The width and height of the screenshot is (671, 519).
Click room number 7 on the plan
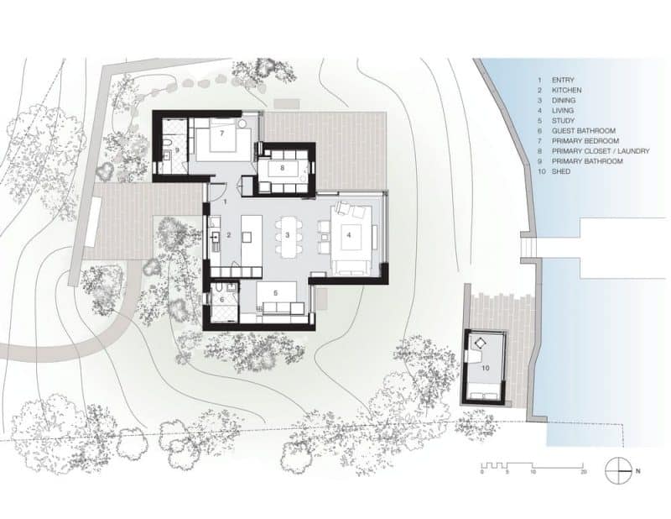click(222, 133)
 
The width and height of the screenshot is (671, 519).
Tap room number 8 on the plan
click(283, 167)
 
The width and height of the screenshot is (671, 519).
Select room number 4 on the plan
click(349, 235)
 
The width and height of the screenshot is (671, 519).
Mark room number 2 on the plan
click(228, 235)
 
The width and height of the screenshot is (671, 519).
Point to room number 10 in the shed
click(484, 367)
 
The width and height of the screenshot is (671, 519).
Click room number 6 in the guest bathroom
click(221, 299)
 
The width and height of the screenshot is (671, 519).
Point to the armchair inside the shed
click(481, 343)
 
